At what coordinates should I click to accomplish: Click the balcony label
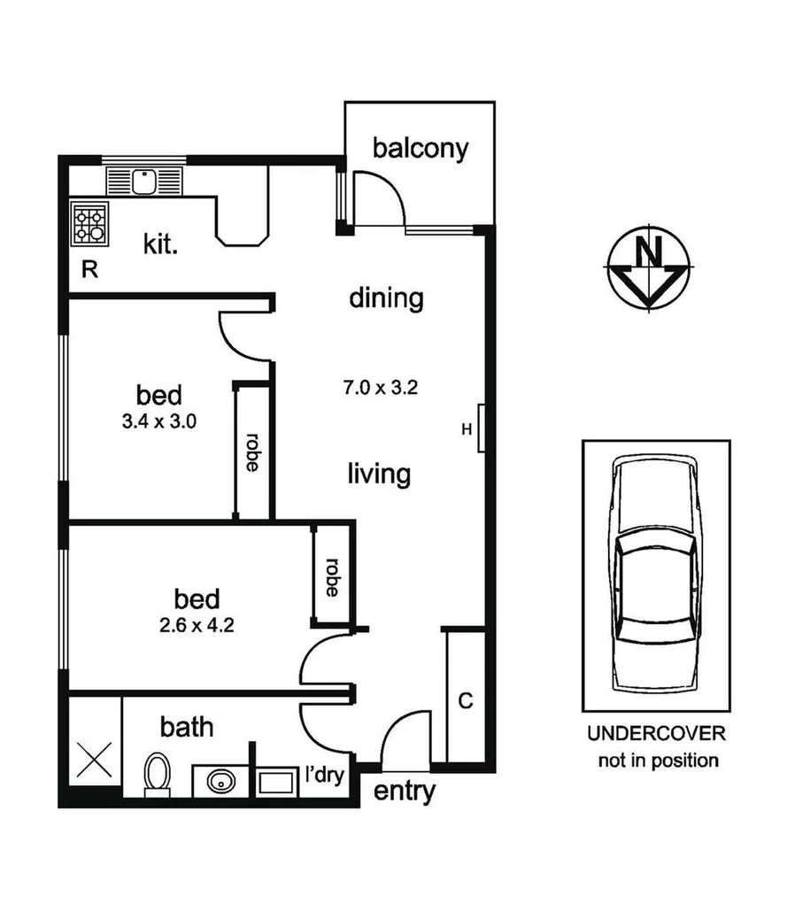[420, 148]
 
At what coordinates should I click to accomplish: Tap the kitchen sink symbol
[143, 181]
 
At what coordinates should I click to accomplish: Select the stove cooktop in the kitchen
[90, 224]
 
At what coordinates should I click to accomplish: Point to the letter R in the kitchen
[89, 270]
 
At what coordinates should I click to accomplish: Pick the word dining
[386, 298]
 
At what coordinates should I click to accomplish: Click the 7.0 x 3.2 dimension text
[380, 387]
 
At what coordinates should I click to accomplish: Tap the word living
[378, 474]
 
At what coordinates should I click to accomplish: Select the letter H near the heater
[467, 430]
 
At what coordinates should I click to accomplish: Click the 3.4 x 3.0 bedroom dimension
[159, 421]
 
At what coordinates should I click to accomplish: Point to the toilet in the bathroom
[157, 775]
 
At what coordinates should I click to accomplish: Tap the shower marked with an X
[94, 760]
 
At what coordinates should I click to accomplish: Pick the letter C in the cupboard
[466, 701]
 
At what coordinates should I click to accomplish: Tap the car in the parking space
[656, 575]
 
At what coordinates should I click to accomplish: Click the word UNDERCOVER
[656, 734]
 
